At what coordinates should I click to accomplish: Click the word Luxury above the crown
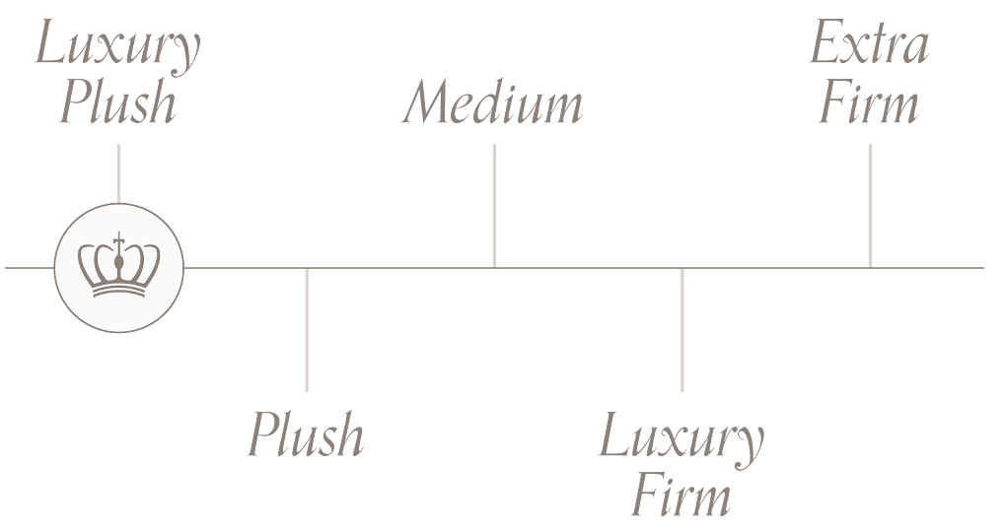click(x=117, y=47)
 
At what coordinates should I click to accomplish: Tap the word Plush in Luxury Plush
click(x=117, y=102)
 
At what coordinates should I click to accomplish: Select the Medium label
click(x=492, y=103)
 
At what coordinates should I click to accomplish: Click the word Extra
click(x=868, y=45)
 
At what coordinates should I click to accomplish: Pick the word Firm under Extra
click(x=868, y=103)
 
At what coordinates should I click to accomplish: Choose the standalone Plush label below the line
click(x=306, y=435)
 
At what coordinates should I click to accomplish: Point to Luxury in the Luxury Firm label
click(x=681, y=438)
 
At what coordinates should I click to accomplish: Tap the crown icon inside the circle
click(x=118, y=267)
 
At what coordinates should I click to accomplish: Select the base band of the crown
click(x=118, y=291)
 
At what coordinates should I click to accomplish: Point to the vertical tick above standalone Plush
click(x=307, y=330)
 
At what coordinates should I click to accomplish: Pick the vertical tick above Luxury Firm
click(x=682, y=330)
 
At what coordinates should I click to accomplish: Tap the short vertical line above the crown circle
click(x=118, y=172)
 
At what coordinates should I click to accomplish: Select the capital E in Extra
click(x=826, y=45)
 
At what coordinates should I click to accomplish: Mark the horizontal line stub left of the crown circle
click(x=29, y=267)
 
